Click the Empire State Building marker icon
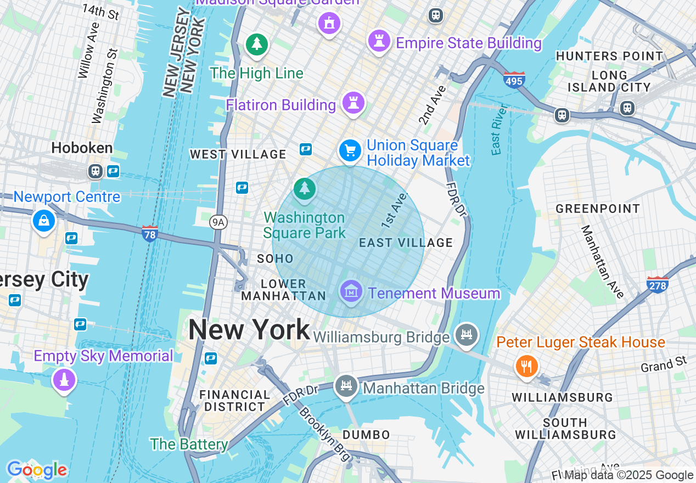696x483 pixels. pos(379,41)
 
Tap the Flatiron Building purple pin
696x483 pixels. pos(353,103)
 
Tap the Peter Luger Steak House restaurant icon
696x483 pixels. pos(526,366)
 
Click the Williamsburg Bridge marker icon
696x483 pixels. pos(467,334)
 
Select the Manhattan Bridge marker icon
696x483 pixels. pos(346,386)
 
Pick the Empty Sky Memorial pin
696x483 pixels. pos(64,379)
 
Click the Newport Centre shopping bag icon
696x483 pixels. pos(44,221)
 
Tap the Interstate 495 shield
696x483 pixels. pos(514,80)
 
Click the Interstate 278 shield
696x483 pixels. pos(657,284)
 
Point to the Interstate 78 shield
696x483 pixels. pos(149,234)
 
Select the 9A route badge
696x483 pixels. pos(218,222)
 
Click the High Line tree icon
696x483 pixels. pos(256,44)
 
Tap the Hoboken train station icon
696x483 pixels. pos(96,171)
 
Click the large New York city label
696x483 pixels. pos(249,330)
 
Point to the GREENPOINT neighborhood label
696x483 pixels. pos(598,209)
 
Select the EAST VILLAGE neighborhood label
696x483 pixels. pos(406,243)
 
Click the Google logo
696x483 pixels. pos(37,470)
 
